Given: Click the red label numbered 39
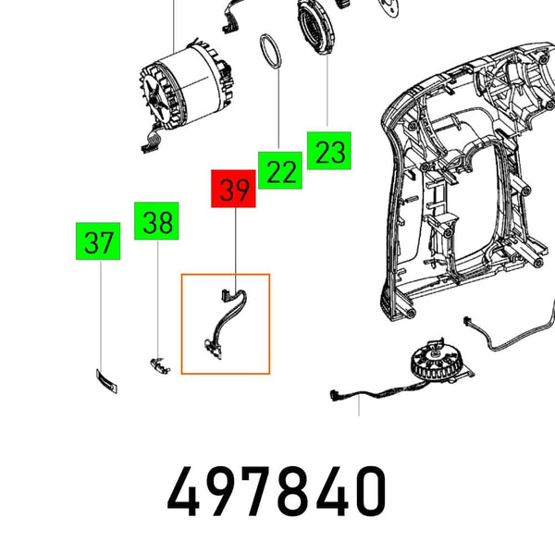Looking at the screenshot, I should tap(235, 191).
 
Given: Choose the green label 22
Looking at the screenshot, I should tap(281, 171).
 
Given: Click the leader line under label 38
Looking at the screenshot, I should tap(158, 296).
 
